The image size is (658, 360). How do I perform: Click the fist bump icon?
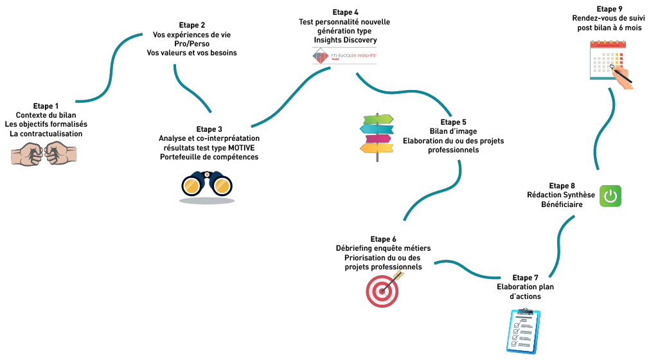coord(45,154)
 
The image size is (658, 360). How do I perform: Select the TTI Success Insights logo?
coord(344,57)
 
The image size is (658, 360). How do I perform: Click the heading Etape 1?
coord(46,105)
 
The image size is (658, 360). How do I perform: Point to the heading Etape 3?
coord(209,129)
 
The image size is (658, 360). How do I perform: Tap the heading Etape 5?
coord(454,122)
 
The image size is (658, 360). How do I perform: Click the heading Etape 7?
coord(526,278)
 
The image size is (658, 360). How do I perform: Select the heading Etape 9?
coord(610,9)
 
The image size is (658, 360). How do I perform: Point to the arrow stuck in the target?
coord(396,276)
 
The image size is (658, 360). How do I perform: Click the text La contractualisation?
coord(46,134)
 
